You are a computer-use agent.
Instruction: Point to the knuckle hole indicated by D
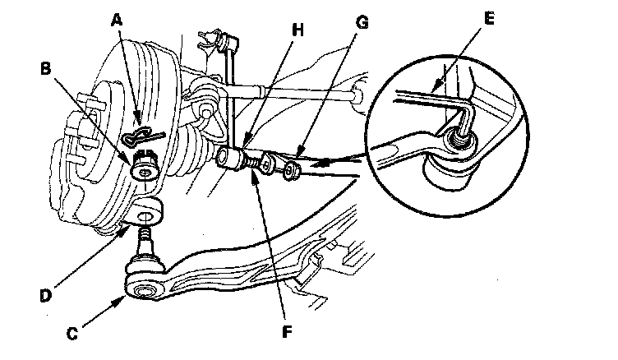[x=146, y=216]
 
